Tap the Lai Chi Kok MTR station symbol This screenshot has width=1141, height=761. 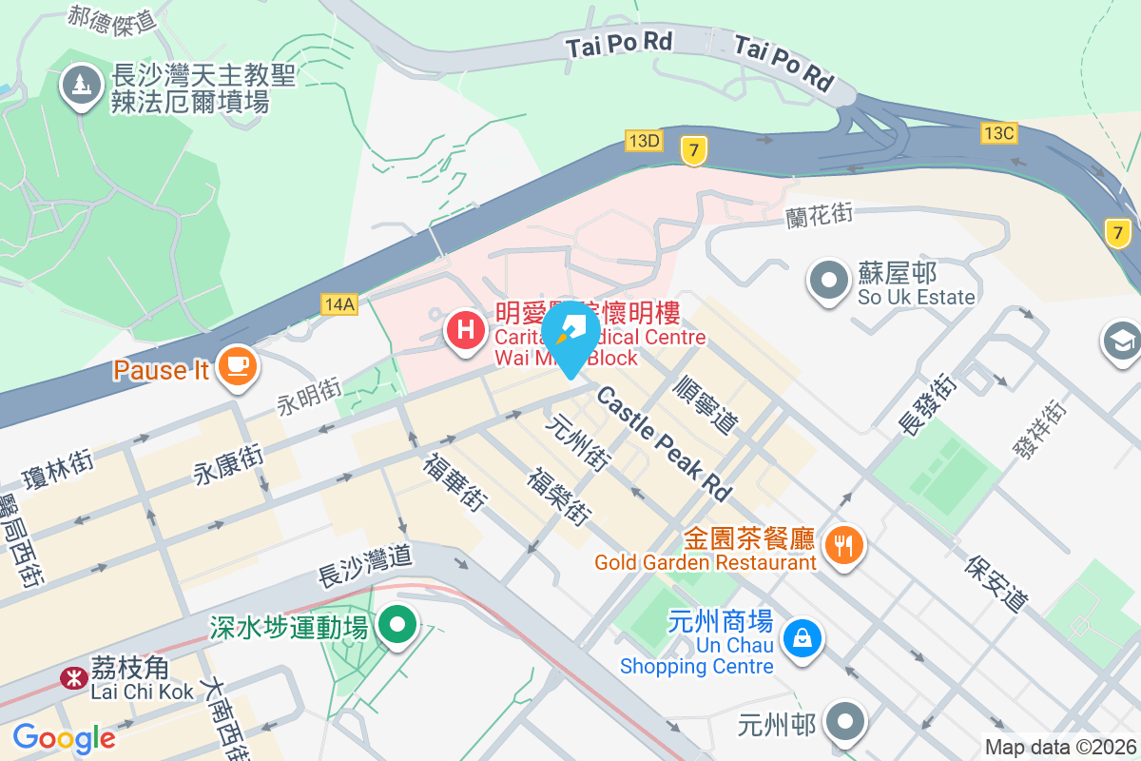[x=70, y=677]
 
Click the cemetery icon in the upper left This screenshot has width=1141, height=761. [x=82, y=85]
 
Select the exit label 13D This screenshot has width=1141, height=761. [x=644, y=141]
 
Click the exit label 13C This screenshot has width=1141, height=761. [x=998, y=133]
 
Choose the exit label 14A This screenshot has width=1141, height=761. [x=338, y=304]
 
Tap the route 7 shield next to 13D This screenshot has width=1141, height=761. [x=694, y=149]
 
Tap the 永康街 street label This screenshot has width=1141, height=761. [x=229, y=460]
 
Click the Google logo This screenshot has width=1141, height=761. [x=64, y=738]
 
